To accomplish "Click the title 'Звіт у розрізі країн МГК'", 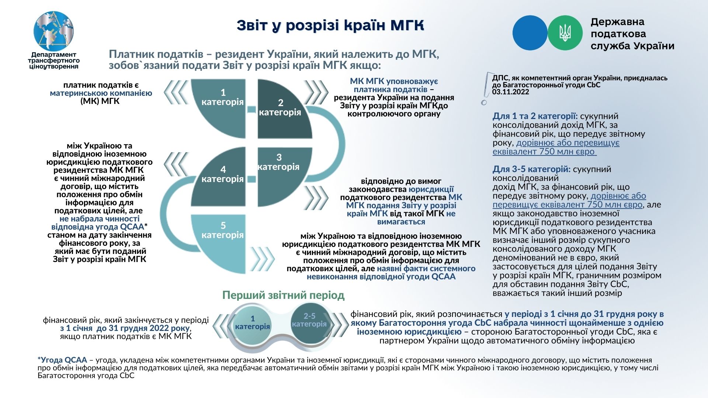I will (x=330, y=25).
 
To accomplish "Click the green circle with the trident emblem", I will (x=565, y=33).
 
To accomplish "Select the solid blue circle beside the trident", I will (x=530, y=33).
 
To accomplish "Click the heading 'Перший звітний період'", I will (x=283, y=295).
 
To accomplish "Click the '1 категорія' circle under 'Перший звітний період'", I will (x=253, y=323).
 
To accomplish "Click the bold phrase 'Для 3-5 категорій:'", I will (x=531, y=169).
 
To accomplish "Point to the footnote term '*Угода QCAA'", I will (x=62, y=360).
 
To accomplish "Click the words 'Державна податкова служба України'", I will (x=632, y=34).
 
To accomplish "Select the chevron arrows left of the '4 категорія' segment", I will (x=176, y=164).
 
